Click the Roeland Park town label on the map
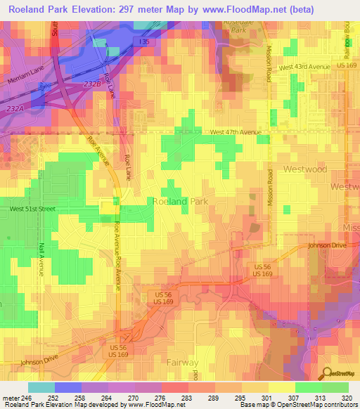tap(180, 201)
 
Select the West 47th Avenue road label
tap(236, 132)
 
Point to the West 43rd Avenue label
tap(304, 67)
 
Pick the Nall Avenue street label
tap(41, 259)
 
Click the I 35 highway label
tap(143, 43)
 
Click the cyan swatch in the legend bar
tap(41, 387)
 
